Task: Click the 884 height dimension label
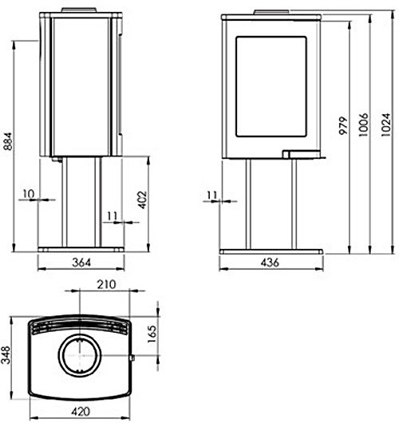coord(8,141)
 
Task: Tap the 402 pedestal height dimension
coord(142,200)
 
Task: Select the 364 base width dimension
coord(81,263)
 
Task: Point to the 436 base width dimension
coord(270,263)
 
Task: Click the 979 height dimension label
coord(343,126)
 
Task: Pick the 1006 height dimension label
coord(363,125)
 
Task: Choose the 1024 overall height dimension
coord(386,125)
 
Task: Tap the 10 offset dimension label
coord(29,194)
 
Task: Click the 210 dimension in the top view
coord(106,284)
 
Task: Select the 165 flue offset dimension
coord(152,334)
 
